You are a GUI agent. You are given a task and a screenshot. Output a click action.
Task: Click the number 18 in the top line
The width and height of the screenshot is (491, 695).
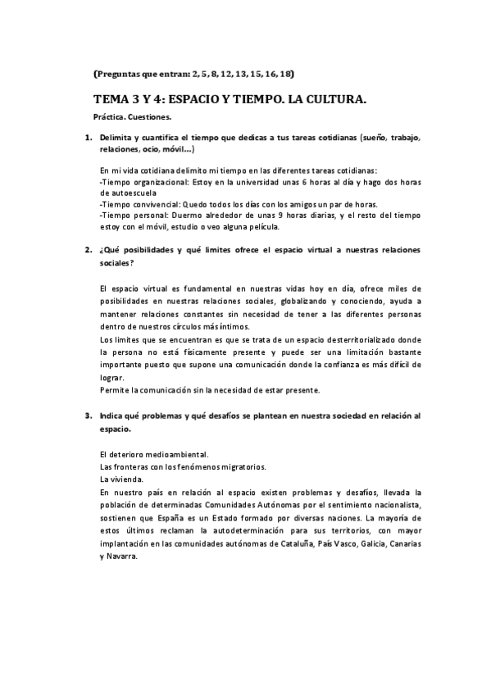[x=285, y=74]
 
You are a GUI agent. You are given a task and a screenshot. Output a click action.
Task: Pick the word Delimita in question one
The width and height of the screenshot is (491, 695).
[x=117, y=139]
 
